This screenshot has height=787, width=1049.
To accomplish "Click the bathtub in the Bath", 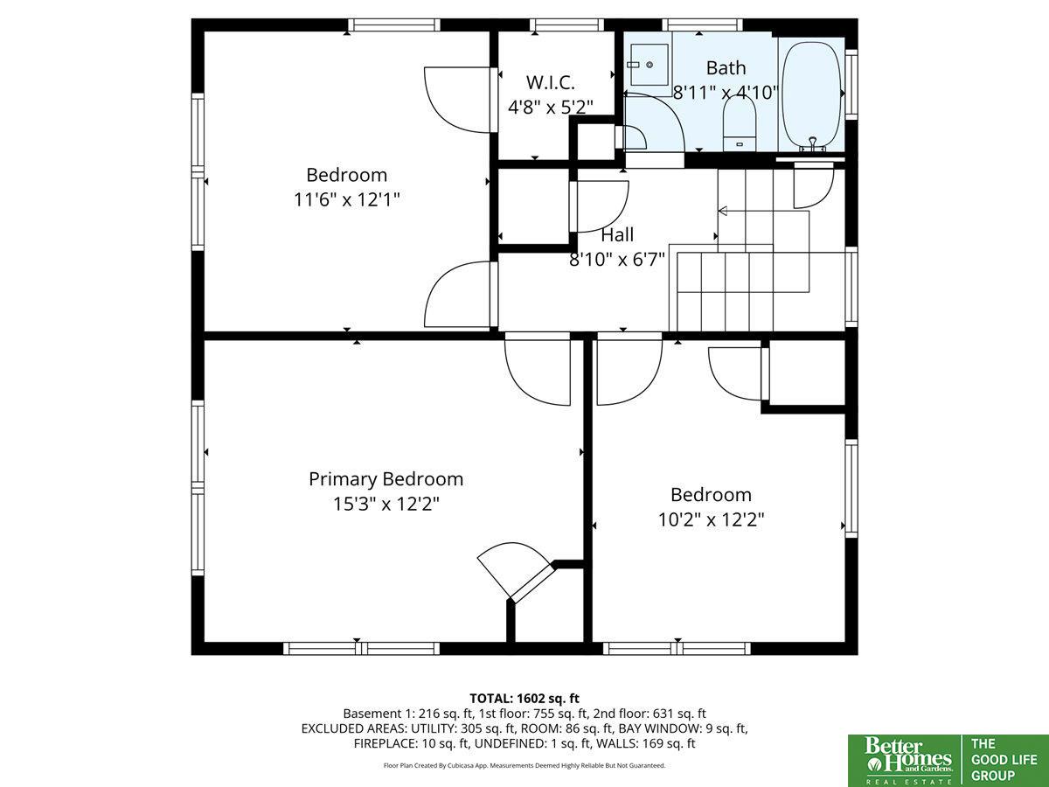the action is (x=811, y=96).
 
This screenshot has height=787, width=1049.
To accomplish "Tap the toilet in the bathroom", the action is (x=740, y=124).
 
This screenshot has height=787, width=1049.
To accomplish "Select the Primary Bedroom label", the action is (x=386, y=479).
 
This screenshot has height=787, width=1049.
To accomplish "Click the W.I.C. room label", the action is (x=550, y=83).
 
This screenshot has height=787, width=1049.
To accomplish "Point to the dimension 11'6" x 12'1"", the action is (x=346, y=199).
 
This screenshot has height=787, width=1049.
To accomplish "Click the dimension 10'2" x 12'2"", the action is (x=711, y=519).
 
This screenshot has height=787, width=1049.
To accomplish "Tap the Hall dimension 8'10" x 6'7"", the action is (x=617, y=260).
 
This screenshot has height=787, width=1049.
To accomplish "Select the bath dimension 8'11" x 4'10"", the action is (x=726, y=92).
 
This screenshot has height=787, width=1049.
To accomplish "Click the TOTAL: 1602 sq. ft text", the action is (x=524, y=699).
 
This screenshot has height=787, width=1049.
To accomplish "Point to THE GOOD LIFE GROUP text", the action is (x=1004, y=759).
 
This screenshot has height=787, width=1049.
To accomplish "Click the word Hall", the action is (x=617, y=234).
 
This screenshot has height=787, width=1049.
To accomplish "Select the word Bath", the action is (x=726, y=68).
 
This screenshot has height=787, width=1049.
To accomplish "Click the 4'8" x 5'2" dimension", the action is (x=550, y=107).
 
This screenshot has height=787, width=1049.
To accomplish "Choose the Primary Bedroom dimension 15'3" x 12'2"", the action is (x=386, y=504).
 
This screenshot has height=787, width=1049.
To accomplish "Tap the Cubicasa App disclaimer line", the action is (x=524, y=765).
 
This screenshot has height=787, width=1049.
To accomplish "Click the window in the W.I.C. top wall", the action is (x=566, y=25).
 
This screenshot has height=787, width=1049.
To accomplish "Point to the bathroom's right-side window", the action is (x=851, y=85).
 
